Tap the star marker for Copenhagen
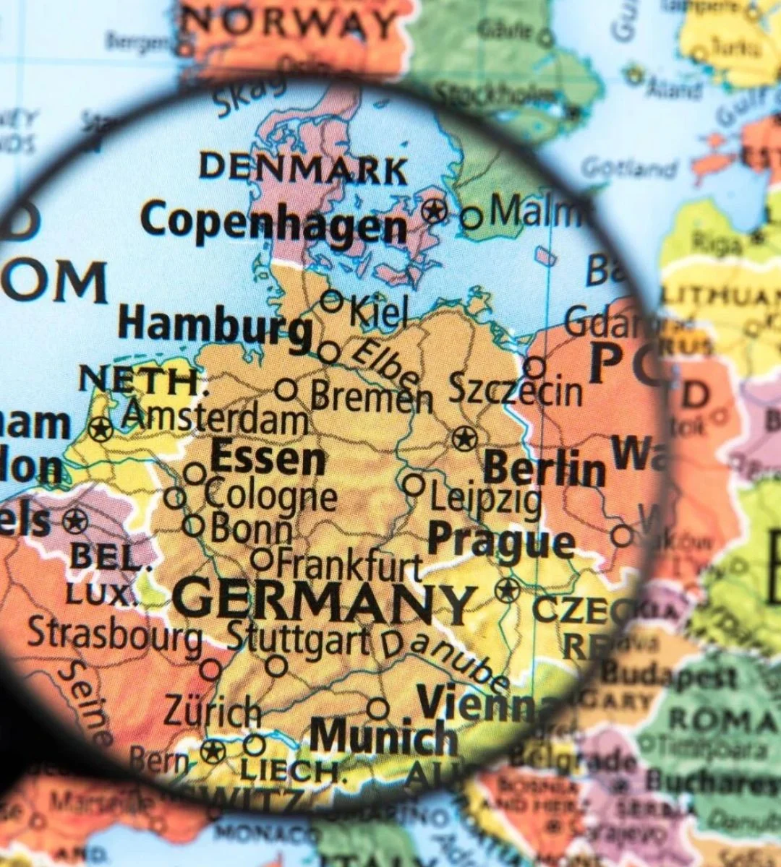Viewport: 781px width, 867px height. (435, 211)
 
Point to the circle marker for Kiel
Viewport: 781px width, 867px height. (332, 301)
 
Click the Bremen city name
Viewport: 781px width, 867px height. (371, 396)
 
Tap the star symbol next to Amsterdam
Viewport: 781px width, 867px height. (101, 429)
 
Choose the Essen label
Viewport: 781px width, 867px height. (268, 459)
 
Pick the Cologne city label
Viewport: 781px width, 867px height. (270, 496)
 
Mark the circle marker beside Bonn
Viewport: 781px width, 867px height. (193, 525)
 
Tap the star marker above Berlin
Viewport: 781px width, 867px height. (464, 438)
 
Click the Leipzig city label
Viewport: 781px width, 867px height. (485, 499)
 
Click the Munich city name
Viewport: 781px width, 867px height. (383, 737)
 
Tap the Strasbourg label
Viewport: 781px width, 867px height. (115, 634)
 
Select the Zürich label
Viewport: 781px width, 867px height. (211, 711)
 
